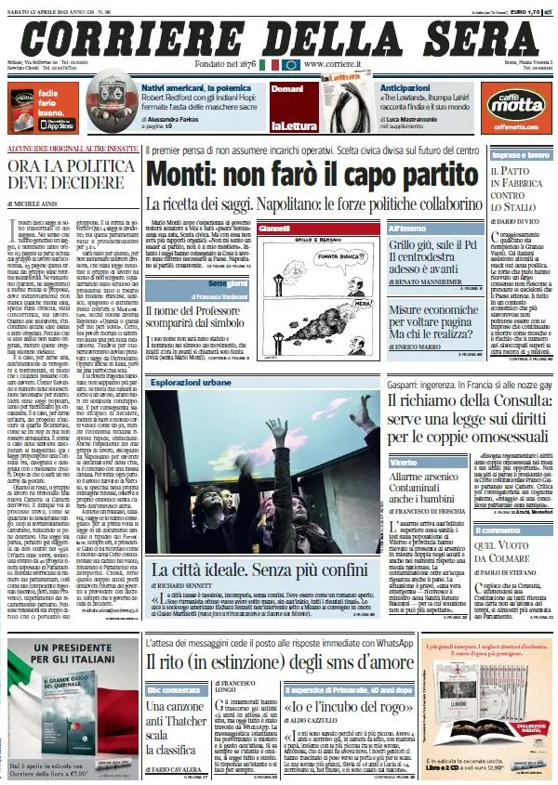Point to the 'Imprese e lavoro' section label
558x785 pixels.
[518, 156]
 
